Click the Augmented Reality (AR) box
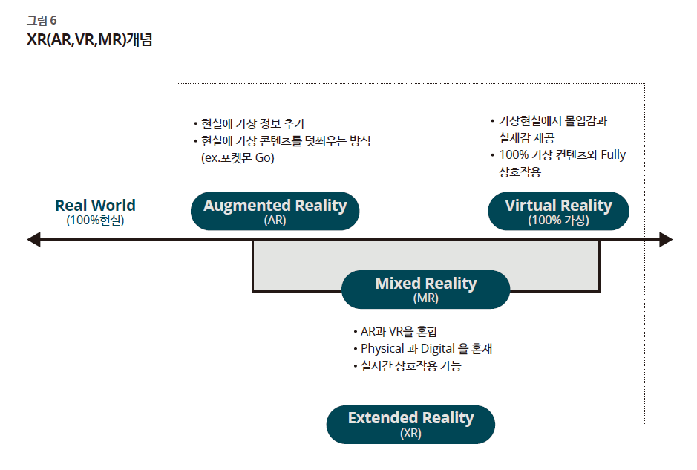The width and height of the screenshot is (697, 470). pyautogui.click(x=275, y=211)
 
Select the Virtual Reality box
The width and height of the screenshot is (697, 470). pyautogui.click(x=558, y=211)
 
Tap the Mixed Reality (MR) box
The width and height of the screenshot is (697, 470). pyautogui.click(x=426, y=290)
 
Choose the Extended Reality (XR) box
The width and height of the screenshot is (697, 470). pyautogui.click(x=410, y=424)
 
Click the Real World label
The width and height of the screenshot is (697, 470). pyautogui.click(x=95, y=206)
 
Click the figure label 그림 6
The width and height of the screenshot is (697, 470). pyautogui.click(x=42, y=21)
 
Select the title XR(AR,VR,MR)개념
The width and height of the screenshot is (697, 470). pyautogui.click(x=89, y=39)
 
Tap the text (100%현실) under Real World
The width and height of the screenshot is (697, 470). pyautogui.click(x=95, y=221)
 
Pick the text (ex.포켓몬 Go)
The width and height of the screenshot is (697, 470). pyautogui.click(x=238, y=158)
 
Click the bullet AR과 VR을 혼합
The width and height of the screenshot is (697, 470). pyautogui.click(x=396, y=332)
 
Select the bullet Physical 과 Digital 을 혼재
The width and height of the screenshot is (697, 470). pyautogui.click(x=423, y=349)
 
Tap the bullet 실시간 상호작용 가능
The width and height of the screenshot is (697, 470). pyautogui.click(x=408, y=366)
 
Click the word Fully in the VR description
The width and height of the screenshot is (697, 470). pyautogui.click(x=613, y=155)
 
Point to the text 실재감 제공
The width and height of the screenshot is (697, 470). pyautogui.click(x=527, y=138)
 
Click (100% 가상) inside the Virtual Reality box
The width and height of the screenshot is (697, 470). pyautogui.click(x=558, y=221)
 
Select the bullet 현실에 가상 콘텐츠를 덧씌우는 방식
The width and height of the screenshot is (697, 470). pyautogui.click(x=282, y=141)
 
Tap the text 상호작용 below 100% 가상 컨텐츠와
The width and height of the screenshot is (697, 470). pyautogui.click(x=520, y=172)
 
